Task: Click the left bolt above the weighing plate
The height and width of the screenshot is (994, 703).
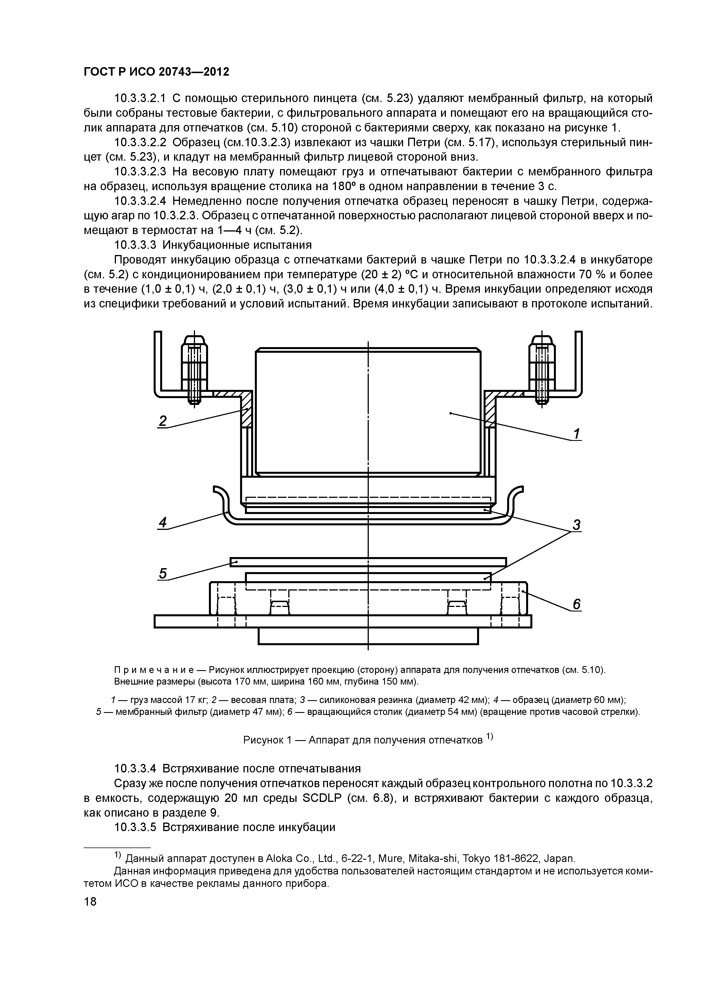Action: tap(194, 368)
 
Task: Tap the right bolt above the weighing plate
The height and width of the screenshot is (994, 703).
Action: tap(541, 368)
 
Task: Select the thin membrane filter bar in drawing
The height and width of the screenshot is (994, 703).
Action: tap(368, 562)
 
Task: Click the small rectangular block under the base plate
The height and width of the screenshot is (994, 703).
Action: tap(368, 636)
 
